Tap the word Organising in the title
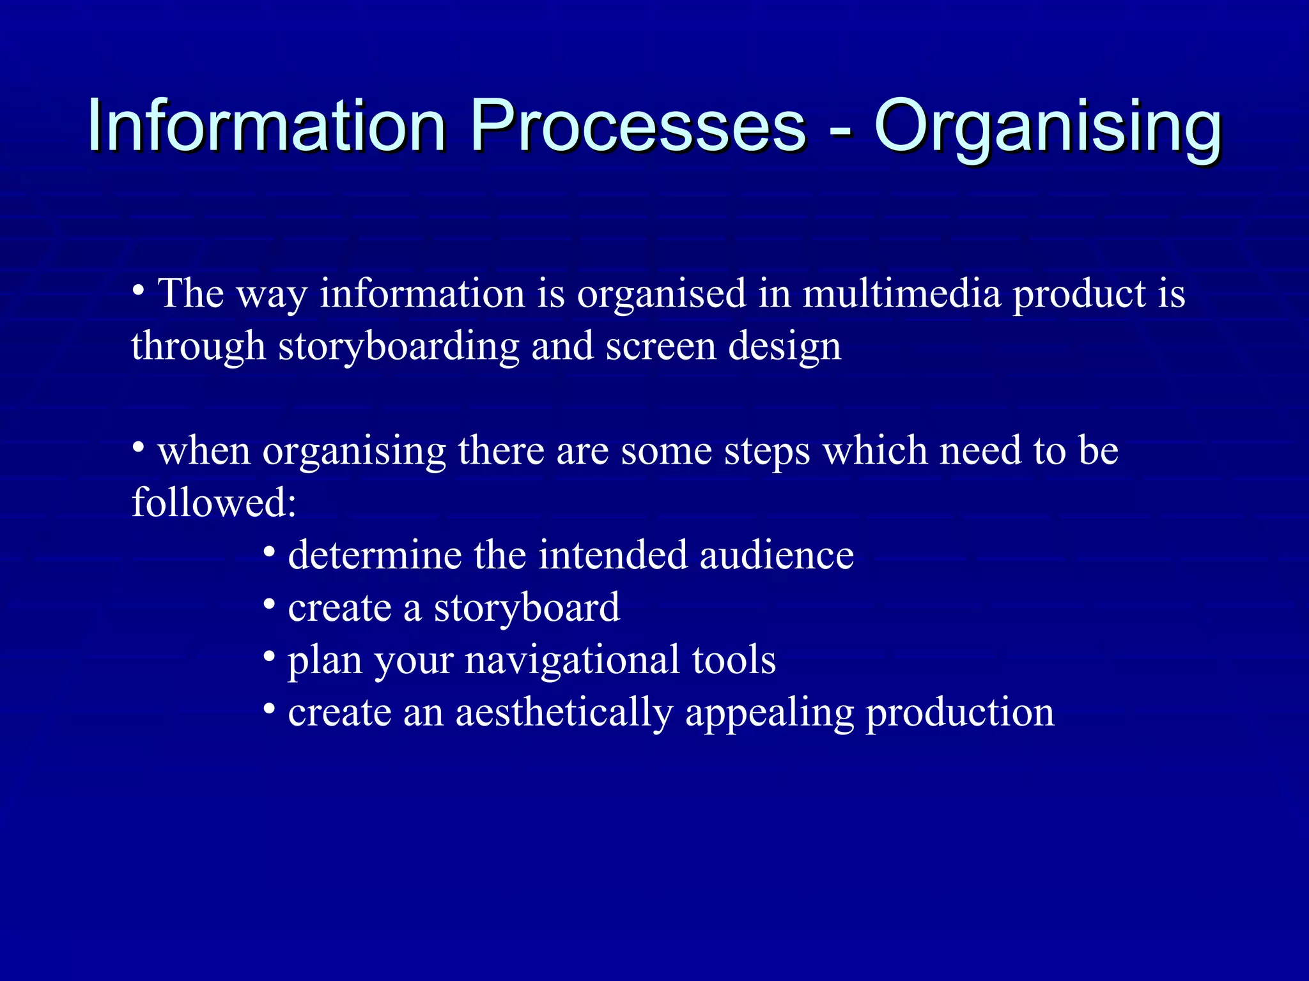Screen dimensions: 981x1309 tap(1048, 128)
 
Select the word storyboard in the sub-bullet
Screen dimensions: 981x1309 tap(527, 607)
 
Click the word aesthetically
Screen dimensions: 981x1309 tap(564, 713)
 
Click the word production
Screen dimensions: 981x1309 tap(959, 712)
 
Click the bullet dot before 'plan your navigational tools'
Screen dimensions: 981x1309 tap(269, 657)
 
